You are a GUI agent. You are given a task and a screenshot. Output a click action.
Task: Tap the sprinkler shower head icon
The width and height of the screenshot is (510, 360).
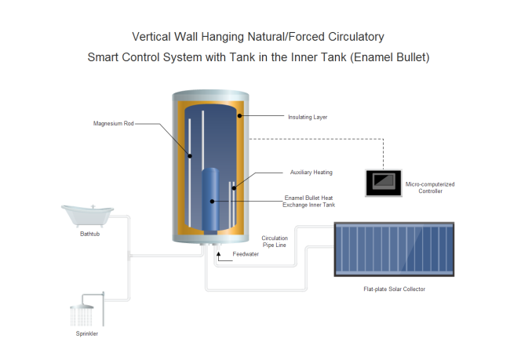pos(84,313)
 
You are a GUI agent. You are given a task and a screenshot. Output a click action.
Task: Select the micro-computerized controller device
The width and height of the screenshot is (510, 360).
pos(383,182)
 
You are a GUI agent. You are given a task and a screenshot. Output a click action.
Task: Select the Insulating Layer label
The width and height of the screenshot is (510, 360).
pos(308,117)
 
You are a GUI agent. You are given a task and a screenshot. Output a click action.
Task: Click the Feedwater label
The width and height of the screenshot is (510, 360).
pos(246,254)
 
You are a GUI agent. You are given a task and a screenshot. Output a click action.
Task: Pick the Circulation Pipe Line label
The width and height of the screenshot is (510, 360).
pos(275,241)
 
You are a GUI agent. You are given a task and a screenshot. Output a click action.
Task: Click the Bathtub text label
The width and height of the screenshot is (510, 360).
pos(89,233)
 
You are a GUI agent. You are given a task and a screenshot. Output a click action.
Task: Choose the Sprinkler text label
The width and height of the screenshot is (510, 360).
pos(87,334)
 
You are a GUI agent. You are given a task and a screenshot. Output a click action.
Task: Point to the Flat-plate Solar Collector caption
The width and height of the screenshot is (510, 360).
pos(394,289)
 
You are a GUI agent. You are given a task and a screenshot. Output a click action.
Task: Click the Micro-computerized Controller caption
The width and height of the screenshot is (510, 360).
pos(430,187)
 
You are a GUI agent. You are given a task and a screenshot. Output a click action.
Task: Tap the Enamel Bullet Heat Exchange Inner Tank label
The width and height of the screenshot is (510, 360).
pos(308,201)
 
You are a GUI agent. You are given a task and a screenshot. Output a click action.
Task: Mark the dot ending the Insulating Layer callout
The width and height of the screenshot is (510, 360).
pos(241,117)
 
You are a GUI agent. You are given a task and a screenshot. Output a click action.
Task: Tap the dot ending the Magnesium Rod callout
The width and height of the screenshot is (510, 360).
pos(190,155)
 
